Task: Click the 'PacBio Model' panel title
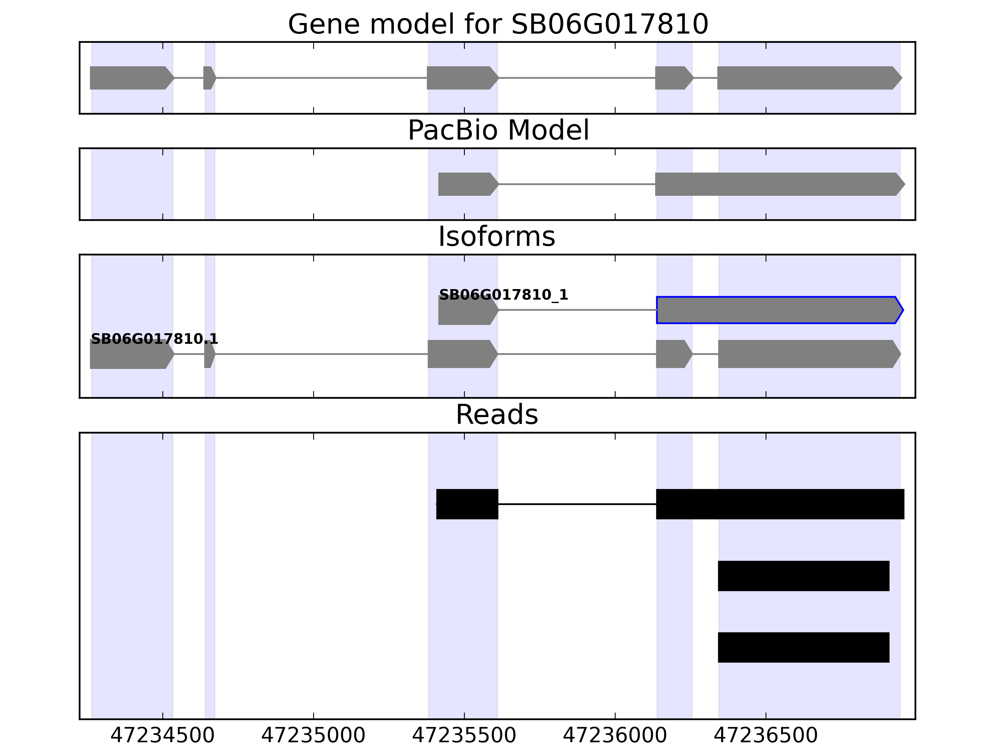497,131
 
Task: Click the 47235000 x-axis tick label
313,736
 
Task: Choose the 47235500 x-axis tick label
464,736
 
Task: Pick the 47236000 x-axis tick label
615,736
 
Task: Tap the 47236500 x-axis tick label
766,736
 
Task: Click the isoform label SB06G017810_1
503,295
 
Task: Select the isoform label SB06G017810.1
154,339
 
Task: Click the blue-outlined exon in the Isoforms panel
778,310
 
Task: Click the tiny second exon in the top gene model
209,78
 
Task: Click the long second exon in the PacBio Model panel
778,184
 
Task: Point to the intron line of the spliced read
577,504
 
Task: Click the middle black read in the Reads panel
803,576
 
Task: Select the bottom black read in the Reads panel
803,647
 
